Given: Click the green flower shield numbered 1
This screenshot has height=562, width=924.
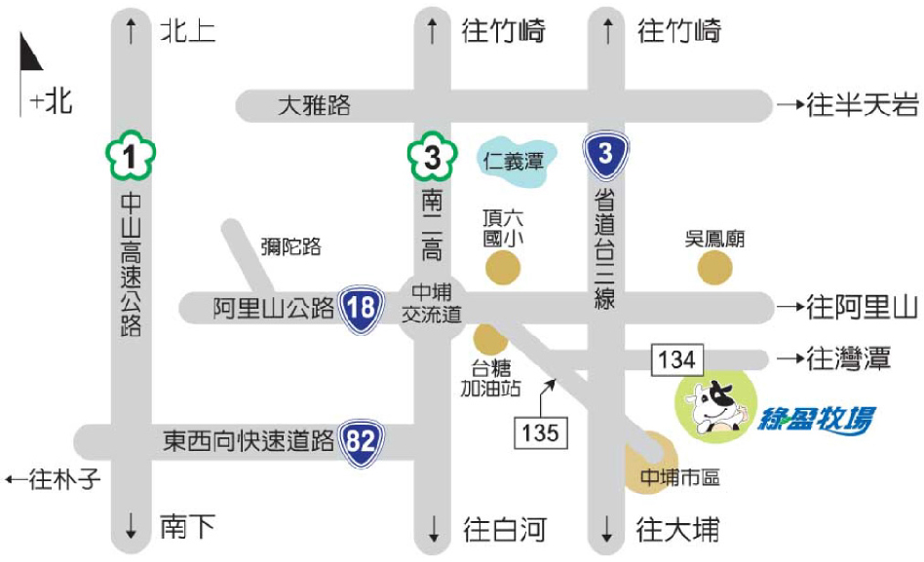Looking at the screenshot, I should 131,154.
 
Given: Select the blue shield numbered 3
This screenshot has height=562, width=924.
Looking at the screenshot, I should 605,155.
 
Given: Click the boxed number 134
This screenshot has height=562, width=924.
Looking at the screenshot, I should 676,359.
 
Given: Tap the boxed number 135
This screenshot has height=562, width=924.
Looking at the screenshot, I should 539,431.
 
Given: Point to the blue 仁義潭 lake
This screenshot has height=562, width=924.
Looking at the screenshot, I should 516,159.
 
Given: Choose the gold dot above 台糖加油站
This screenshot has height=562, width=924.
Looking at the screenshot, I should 488,340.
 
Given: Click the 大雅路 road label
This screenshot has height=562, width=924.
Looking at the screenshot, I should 313,105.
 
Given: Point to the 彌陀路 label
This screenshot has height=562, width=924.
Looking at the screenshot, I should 289,246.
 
